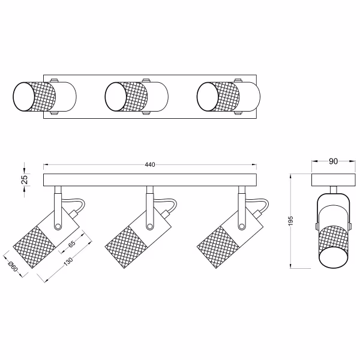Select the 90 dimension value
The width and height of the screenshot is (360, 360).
[x=333, y=161]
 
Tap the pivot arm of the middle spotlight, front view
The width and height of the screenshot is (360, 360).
[x=148, y=207]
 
